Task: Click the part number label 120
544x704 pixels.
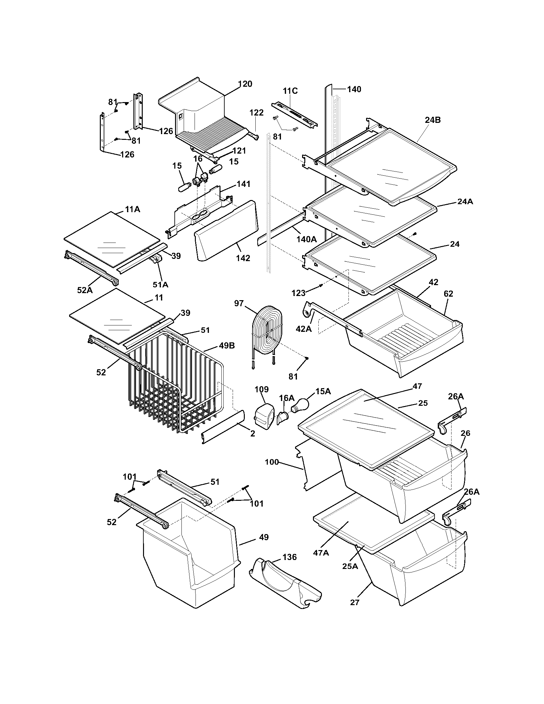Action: pyautogui.click(x=245, y=84)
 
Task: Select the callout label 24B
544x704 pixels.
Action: pyautogui.click(x=433, y=120)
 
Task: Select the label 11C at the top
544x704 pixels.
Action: pyautogui.click(x=290, y=91)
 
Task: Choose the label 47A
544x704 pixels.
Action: pyautogui.click(x=321, y=553)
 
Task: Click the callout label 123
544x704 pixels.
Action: pyautogui.click(x=299, y=293)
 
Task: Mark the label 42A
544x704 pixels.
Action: pyautogui.click(x=304, y=328)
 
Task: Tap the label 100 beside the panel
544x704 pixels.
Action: pyautogui.click(x=272, y=462)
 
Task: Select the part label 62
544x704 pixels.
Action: pyautogui.click(x=448, y=294)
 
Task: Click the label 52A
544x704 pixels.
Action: pyautogui.click(x=85, y=290)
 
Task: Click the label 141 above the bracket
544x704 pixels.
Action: pyautogui.click(x=243, y=184)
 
